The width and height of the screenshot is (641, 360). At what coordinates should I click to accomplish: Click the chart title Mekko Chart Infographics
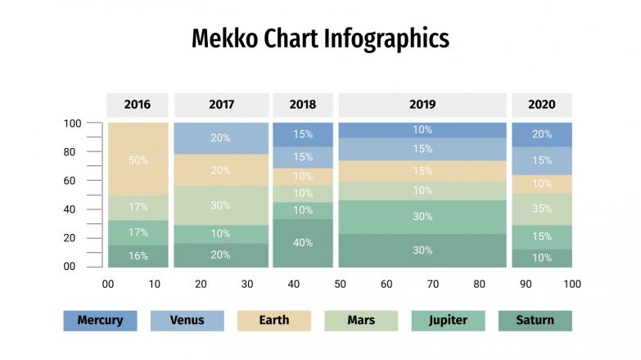click(320, 38)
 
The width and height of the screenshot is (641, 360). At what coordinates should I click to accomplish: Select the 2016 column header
click(138, 105)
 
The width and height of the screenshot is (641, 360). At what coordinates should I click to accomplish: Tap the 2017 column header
click(221, 105)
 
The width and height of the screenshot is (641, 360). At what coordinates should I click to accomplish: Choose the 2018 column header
click(302, 105)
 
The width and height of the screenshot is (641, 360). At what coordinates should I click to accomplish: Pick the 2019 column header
click(422, 105)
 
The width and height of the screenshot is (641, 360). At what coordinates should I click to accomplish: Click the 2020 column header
click(541, 105)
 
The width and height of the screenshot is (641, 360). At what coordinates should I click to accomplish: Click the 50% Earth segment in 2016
click(138, 160)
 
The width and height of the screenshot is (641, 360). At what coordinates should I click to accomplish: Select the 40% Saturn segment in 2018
click(302, 243)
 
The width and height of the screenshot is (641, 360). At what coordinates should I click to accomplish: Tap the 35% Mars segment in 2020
click(541, 209)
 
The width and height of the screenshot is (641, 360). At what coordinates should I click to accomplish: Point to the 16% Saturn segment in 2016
click(138, 256)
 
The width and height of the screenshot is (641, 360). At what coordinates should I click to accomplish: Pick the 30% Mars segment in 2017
click(221, 205)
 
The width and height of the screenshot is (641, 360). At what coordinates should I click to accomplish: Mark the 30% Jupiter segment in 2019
click(422, 217)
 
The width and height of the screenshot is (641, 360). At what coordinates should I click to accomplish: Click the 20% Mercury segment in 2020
click(541, 135)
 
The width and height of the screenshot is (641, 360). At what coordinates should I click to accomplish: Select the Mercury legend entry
click(100, 321)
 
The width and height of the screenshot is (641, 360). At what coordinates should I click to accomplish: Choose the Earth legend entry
click(273, 321)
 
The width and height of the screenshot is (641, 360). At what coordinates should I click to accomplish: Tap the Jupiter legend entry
click(448, 321)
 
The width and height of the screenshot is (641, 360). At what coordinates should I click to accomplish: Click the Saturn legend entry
click(535, 321)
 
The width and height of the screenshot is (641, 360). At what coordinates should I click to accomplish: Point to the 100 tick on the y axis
click(73, 124)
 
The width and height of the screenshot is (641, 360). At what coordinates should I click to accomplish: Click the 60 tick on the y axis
click(73, 181)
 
